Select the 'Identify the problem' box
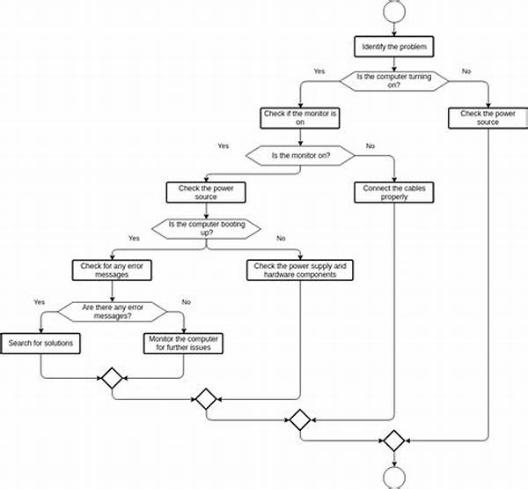pyautogui.click(x=392, y=46)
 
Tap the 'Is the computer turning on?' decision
pyautogui.click(x=392, y=79)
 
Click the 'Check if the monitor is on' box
pyautogui.click(x=300, y=118)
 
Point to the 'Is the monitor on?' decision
pyautogui.click(x=300, y=155)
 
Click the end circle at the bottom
pyautogui.click(x=392, y=477)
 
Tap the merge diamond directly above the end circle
pyautogui.click(x=392, y=439)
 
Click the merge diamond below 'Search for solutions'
pyautogui.click(x=111, y=379)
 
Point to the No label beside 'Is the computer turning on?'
pyautogui.click(x=466, y=70)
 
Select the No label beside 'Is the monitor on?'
pyautogui.click(x=370, y=145)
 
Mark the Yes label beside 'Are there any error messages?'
pyautogui.click(x=40, y=300)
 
